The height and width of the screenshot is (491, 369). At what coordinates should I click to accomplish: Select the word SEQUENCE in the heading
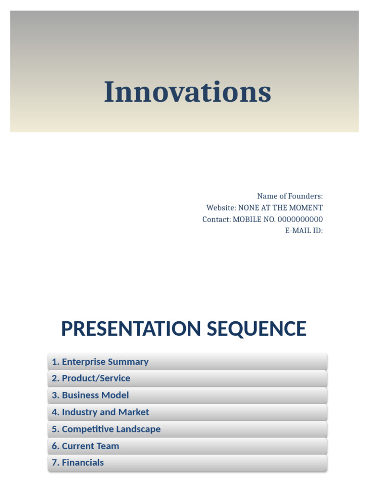click(x=257, y=329)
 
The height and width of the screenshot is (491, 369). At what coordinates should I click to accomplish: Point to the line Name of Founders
click(x=290, y=196)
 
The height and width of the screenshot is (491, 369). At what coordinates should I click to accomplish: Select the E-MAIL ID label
click(x=304, y=231)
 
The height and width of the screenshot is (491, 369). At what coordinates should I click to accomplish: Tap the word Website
click(x=221, y=208)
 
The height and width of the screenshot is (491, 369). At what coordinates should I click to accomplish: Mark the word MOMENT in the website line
click(x=306, y=208)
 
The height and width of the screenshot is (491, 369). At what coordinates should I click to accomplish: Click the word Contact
click(x=216, y=219)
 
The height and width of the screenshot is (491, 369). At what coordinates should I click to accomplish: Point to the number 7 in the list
click(x=55, y=463)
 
